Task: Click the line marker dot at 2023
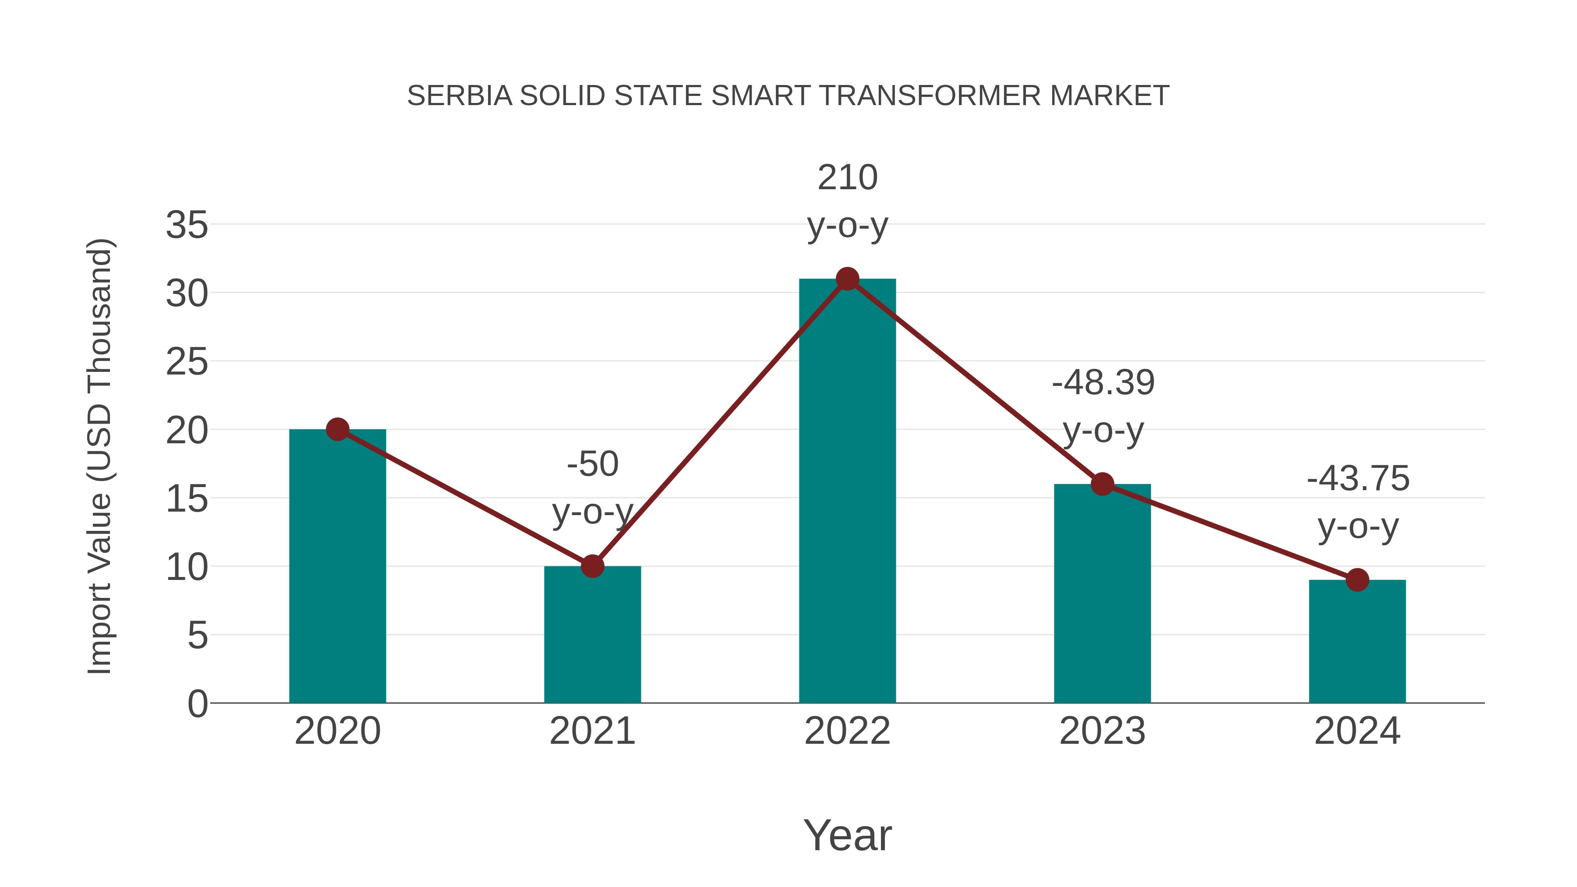(1103, 484)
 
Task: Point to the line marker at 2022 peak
(847, 279)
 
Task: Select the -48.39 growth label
(1103, 383)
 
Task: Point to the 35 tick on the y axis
(187, 225)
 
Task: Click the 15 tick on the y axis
(187, 499)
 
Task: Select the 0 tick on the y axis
(197, 704)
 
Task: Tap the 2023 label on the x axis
(1103, 731)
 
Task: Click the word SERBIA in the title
(459, 96)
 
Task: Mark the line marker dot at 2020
(337, 429)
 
